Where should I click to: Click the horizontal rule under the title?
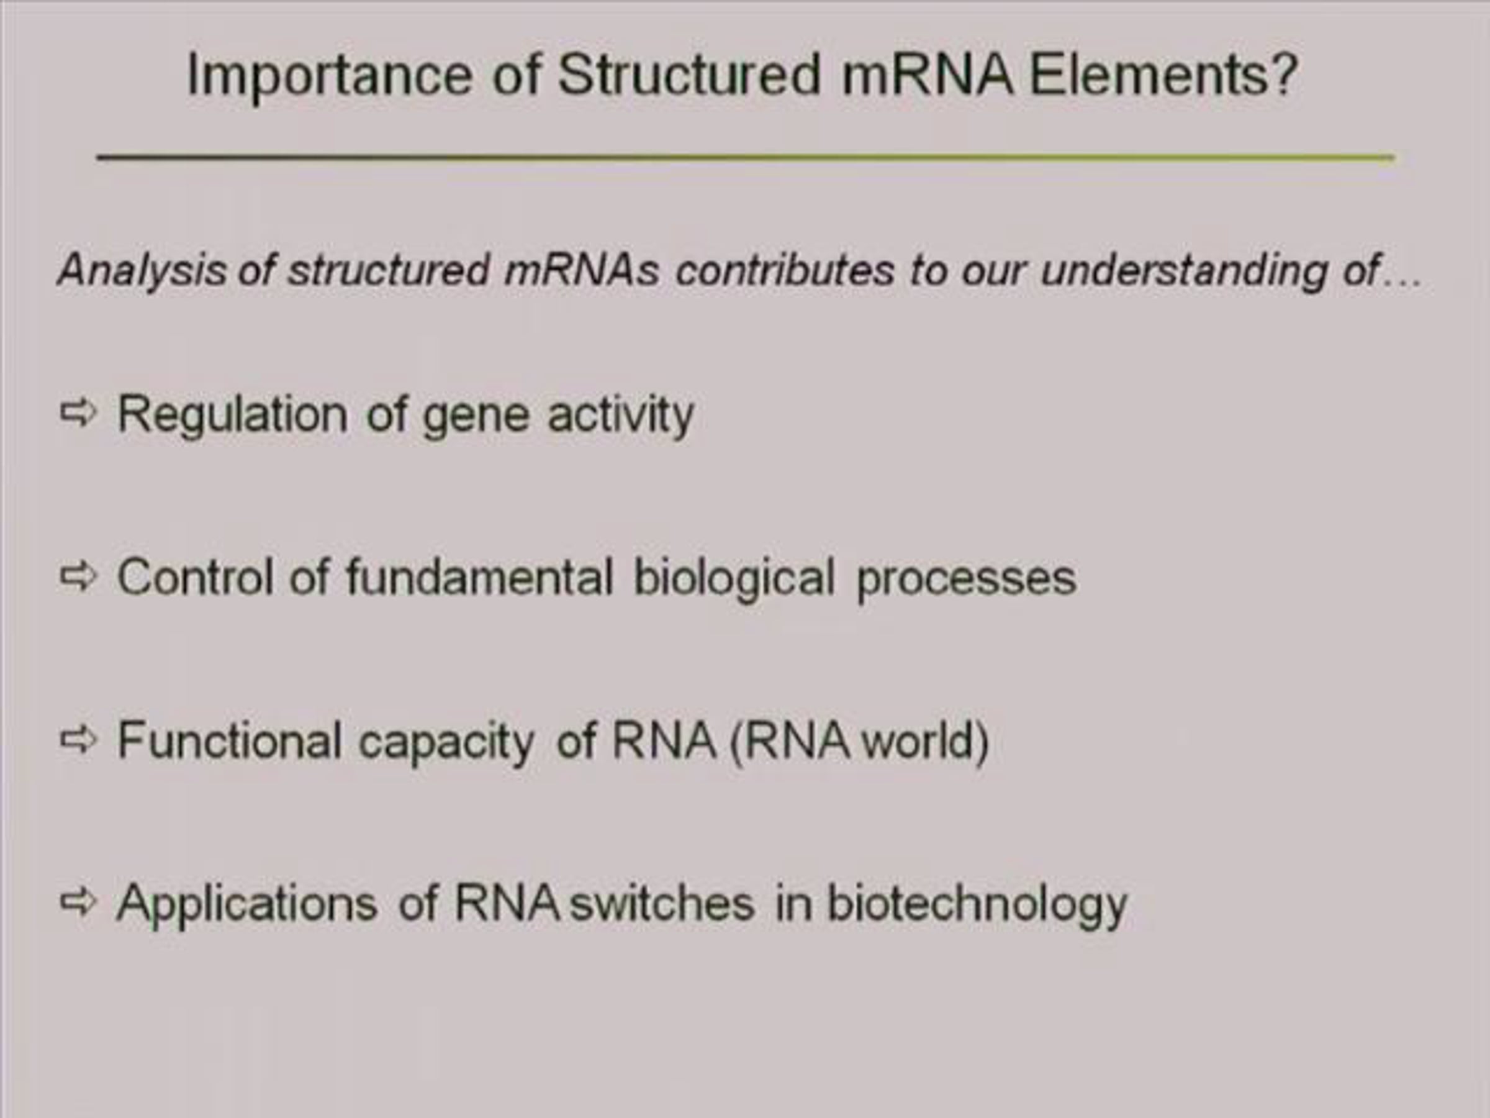[746, 158]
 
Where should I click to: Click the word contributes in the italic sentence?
[785, 270]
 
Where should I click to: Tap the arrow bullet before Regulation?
[79, 412]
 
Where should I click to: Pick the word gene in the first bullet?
[476, 419]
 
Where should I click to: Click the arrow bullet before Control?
[79, 576]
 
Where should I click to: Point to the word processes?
[966, 581]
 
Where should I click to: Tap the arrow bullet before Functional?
[79, 740]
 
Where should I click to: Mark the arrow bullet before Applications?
[79, 902]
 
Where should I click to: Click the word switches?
[661, 903]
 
